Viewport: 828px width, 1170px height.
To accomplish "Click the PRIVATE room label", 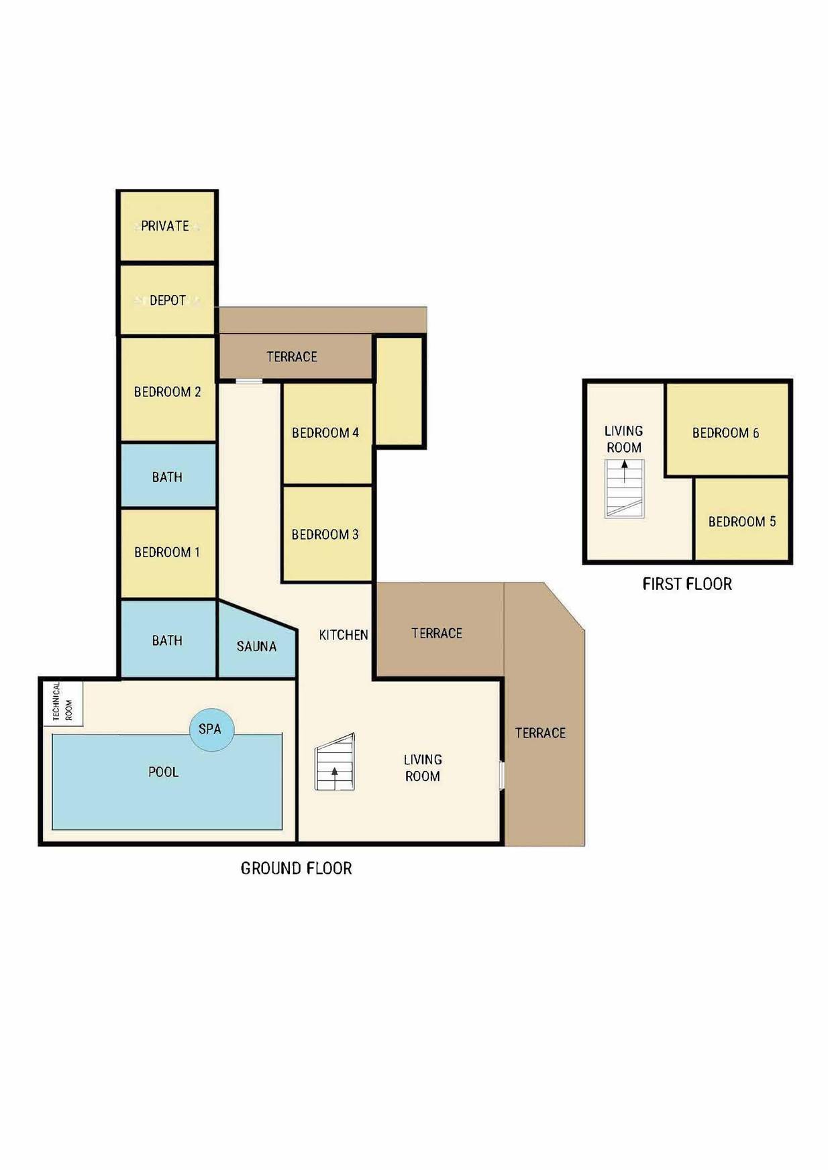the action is point(165,226).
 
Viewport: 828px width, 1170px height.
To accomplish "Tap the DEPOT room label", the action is point(168,300).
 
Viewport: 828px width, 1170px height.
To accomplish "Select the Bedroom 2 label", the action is point(167,392).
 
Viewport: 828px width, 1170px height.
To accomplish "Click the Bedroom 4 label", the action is point(325,433).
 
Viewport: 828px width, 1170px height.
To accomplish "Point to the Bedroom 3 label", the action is point(325,534).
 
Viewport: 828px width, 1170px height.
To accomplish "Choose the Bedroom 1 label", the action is point(167,552).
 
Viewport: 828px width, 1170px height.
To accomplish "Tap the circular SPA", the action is point(211,729).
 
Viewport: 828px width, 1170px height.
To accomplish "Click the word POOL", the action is point(164,772).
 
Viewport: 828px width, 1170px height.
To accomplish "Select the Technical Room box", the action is point(63,702).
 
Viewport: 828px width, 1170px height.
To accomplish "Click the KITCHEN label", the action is point(344,635).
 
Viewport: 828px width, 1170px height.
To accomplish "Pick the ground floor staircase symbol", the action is point(335,762).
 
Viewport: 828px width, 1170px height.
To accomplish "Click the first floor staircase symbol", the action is point(625,489).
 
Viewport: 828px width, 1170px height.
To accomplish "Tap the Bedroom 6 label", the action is point(725,433).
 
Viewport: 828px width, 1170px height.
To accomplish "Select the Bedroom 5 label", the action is point(742,522).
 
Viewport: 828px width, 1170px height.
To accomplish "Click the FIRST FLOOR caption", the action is point(687,584).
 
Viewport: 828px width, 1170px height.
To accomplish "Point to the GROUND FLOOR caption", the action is point(296,868).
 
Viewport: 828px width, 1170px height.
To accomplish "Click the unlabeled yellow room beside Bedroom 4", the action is point(399,392).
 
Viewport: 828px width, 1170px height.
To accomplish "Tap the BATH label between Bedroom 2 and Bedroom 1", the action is point(167,477).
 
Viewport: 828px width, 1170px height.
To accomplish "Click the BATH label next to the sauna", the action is point(167,641).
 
